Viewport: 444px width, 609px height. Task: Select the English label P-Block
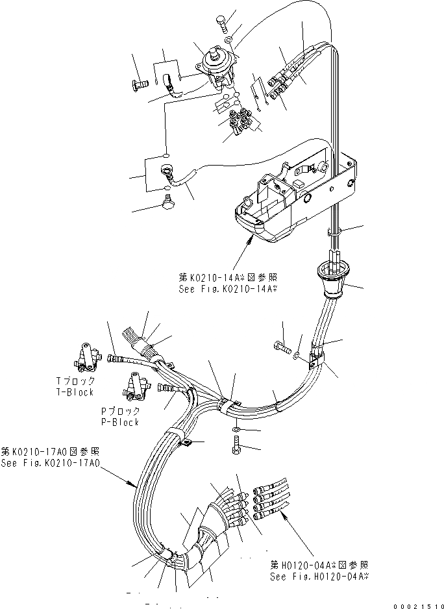click(119, 422)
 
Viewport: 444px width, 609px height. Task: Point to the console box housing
click(279, 208)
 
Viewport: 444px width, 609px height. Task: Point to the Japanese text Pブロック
click(119, 412)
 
